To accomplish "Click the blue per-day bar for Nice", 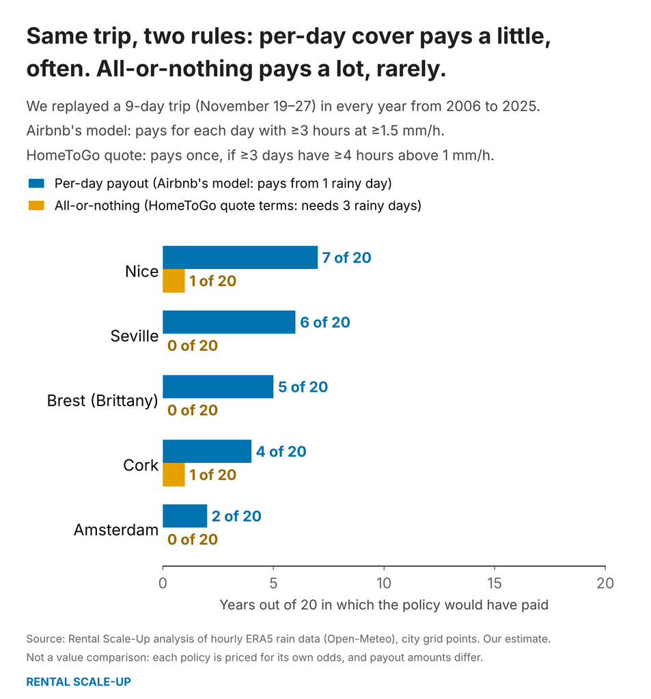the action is point(240,257).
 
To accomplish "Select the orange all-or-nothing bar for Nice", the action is point(174,281).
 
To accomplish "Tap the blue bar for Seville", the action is point(229,322).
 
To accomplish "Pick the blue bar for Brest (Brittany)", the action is point(218,386).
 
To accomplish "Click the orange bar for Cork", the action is point(174,475).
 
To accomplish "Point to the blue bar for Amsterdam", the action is point(184,516).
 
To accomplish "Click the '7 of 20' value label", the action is point(347,257).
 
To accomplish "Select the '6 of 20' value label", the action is point(325,322).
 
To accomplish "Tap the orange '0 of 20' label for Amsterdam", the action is point(193,539).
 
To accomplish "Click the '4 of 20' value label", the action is point(281,452).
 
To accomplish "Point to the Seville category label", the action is point(135,336).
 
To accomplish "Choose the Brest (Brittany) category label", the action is point(102,400).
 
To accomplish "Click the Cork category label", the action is point(141,465).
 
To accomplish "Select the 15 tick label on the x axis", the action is point(495,583).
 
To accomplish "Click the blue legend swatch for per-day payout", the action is point(36,183).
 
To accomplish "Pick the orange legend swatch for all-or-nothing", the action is point(36,205).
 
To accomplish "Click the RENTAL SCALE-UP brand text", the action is point(79,682).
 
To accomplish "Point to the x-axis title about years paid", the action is point(384,605).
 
